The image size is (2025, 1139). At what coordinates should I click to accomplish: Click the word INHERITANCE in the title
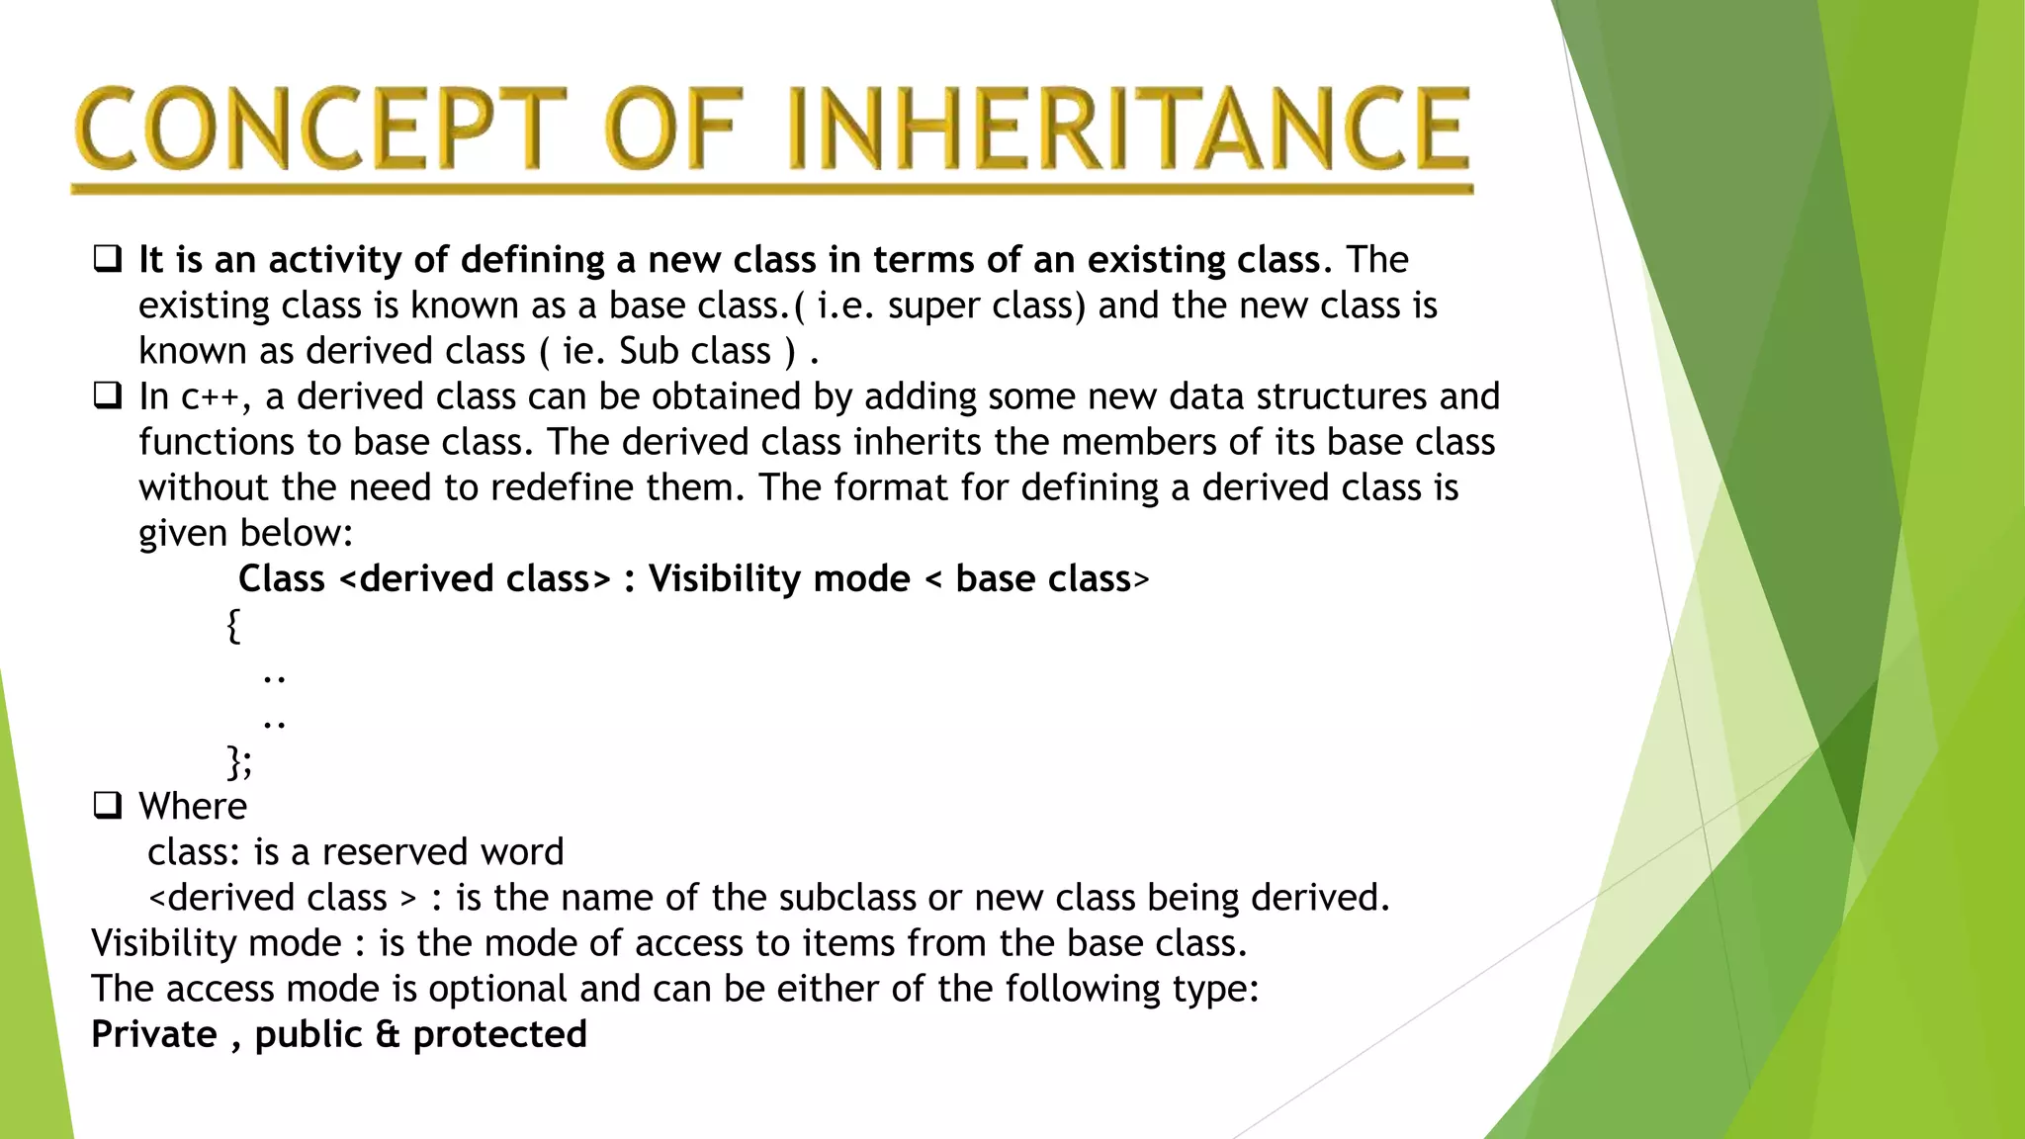pyautogui.click(x=1127, y=129)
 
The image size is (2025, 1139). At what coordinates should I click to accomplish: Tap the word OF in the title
pyautogui.click(x=672, y=129)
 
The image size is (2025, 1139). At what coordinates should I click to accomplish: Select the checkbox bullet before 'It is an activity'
pyautogui.click(x=108, y=259)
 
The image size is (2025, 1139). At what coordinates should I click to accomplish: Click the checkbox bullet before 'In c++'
pyautogui.click(x=108, y=395)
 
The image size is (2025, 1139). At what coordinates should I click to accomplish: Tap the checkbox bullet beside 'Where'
pyautogui.click(x=108, y=806)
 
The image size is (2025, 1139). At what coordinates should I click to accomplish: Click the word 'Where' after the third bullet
pyautogui.click(x=193, y=807)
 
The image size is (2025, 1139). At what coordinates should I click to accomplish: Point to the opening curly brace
pyautogui.click(x=233, y=626)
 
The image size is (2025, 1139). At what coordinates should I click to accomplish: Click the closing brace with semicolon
pyautogui.click(x=239, y=762)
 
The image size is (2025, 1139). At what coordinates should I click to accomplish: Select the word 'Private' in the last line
pyautogui.click(x=153, y=1034)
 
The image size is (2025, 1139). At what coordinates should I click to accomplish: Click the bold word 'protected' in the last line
pyautogui.click(x=499, y=1034)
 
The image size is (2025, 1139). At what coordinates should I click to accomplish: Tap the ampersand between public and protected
pyautogui.click(x=388, y=1034)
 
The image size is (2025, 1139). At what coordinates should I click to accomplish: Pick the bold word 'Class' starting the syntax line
pyautogui.click(x=282, y=578)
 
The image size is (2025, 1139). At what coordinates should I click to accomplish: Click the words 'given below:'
pyautogui.click(x=245, y=534)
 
